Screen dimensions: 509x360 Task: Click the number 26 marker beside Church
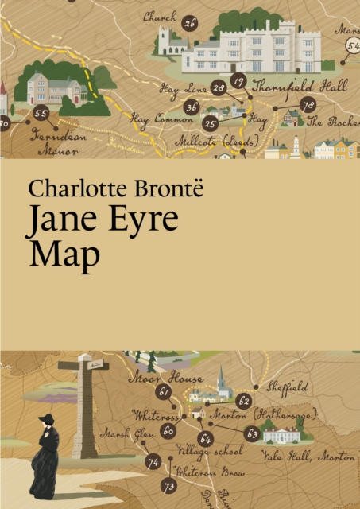[x=190, y=23]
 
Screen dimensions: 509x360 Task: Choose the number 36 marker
[x=192, y=107]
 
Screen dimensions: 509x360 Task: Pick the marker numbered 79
[x=308, y=105]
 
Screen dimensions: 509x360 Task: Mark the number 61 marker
[x=165, y=392]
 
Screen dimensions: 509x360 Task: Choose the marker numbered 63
[x=252, y=433]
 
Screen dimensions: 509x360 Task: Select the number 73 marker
[x=168, y=485]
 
